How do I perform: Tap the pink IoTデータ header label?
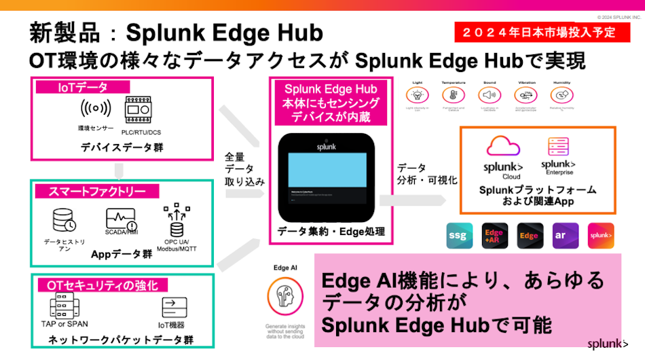[82, 87]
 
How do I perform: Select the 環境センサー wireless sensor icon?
[95, 109]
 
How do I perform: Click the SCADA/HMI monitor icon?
[122, 219]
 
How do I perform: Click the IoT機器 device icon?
[174, 306]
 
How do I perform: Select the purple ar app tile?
[566, 236]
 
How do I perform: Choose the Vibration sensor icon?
[528, 95]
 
